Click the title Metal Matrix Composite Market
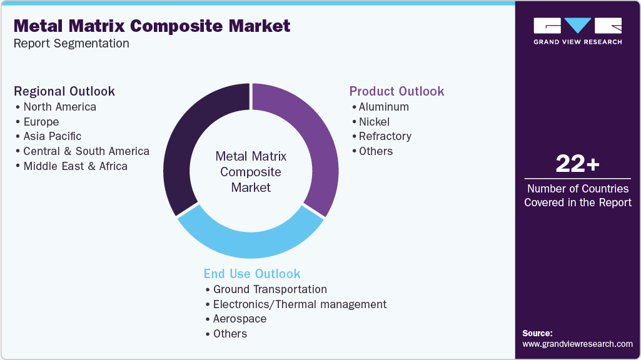click(x=152, y=26)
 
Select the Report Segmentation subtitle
click(x=71, y=44)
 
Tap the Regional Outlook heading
click(x=64, y=91)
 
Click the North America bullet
click(x=59, y=107)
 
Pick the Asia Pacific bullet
click(x=52, y=136)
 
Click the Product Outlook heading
click(x=396, y=91)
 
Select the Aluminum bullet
click(x=383, y=107)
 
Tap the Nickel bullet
click(x=374, y=121)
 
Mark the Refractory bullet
click(x=385, y=136)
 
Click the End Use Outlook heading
click(x=252, y=274)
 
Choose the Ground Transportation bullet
click(x=270, y=289)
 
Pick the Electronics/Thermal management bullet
click(x=299, y=304)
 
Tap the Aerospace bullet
click(x=240, y=319)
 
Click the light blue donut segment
click(x=250, y=244)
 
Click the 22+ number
click(x=577, y=164)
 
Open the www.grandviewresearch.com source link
click(x=577, y=344)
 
